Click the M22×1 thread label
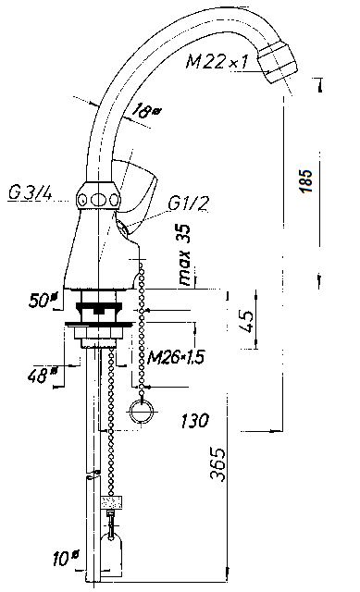[217, 60]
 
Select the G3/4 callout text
[30, 193]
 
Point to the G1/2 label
[188, 203]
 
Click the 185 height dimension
[306, 181]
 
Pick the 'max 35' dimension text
[185, 255]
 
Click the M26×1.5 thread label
[176, 356]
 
